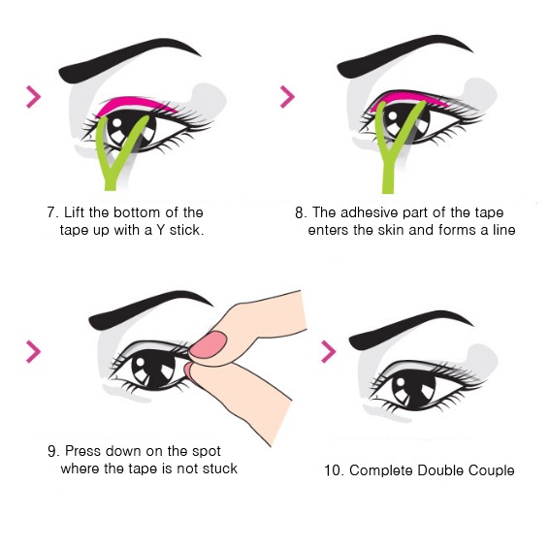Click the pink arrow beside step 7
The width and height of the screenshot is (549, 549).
coord(34,97)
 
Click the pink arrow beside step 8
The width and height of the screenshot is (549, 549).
coord(288,97)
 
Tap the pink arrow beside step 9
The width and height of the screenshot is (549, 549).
coord(34,351)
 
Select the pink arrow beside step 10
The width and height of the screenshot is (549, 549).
coord(329,351)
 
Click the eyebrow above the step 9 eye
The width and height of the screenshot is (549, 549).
coord(147,309)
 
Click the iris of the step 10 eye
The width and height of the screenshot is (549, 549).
coord(413,389)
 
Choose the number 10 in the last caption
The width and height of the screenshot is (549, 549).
coord(332,470)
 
